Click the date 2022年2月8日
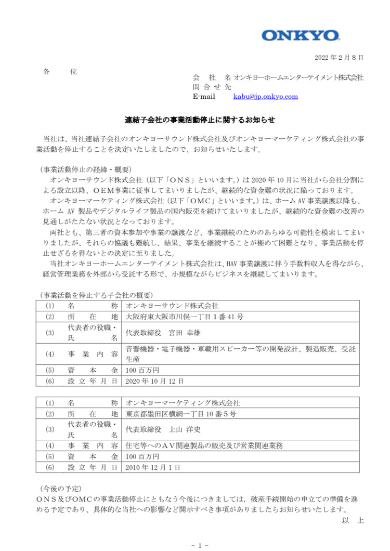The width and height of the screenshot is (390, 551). click(339, 57)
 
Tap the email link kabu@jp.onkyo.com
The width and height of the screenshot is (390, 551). click(265, 96)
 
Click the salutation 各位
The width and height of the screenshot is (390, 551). click(60, 72)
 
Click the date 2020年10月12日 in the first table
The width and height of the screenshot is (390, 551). click(155, 381)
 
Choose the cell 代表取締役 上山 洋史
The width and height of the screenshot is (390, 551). click(164, 430)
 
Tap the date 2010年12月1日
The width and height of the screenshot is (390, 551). click(153, 468)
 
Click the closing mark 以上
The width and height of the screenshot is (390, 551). click(352, 520)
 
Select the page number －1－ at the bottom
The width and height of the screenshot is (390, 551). click(200, 545)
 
